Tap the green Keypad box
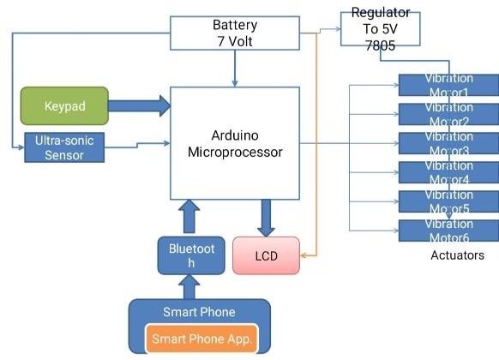coord(64,106)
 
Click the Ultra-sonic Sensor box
coord(63,147)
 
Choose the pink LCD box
coord(267,255)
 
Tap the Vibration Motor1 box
coord(448,86)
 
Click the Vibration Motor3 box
coord(448,144)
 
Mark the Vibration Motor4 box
coord(448,173)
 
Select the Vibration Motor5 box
coord(448,202)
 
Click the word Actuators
coord(458,255)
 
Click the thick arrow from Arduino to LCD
coord(267,218)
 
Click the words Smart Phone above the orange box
coord(199,312)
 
